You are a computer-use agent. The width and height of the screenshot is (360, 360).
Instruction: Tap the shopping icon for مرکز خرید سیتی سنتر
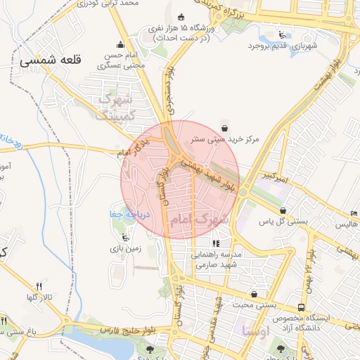click(x=224, y=127)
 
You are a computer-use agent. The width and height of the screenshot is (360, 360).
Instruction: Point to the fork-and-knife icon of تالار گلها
click(x=39, y=286)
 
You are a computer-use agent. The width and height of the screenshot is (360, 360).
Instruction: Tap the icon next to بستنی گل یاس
click(x=283, y=210)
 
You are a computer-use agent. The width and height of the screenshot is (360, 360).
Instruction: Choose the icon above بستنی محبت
click(x=254, y=294)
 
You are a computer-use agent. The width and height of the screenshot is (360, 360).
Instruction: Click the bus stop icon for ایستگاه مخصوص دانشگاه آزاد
click(x=301, y=307)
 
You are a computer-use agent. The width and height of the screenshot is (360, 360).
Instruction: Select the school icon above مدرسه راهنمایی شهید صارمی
click(x=216, y=243)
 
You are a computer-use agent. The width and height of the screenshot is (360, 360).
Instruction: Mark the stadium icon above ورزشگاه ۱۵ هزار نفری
click(x=182, y=17)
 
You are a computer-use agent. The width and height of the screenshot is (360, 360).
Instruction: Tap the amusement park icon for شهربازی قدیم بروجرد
click(x=282, y=34)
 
